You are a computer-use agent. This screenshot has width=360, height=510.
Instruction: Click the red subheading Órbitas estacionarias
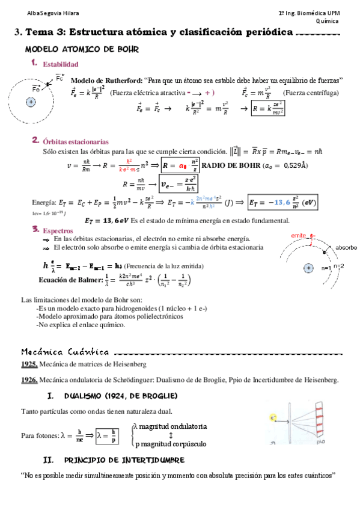(76, 142)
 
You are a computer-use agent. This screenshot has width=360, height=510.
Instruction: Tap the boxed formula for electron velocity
(178, 184)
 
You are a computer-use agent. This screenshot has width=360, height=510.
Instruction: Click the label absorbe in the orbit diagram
(347, 247)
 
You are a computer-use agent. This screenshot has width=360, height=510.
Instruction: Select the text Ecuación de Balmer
(67, 279)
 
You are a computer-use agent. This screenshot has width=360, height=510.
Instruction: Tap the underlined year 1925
(29, 364)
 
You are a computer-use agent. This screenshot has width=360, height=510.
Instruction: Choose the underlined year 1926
(29, 379)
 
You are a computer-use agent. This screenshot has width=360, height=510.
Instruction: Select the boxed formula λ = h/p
(105, 435)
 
